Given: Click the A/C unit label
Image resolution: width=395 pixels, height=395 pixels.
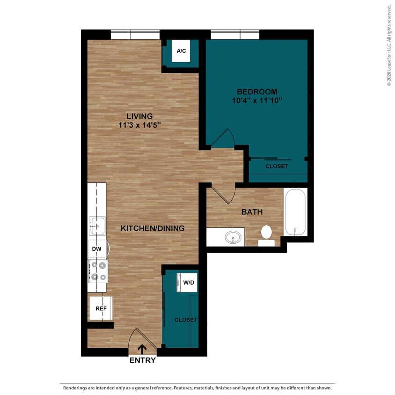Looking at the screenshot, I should click(181, 51).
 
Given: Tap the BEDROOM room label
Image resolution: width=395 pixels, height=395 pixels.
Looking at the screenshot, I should click(256, 92).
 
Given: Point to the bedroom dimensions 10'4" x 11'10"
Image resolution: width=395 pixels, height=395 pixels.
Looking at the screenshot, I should click(256, 101).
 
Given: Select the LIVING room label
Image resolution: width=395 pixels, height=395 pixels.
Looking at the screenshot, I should click(139, 116).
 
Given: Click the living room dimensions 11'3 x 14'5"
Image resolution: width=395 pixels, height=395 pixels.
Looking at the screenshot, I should click(139, 125).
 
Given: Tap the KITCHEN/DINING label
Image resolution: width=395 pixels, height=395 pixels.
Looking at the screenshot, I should click(153, 228).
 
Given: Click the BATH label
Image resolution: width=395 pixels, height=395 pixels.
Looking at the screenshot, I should click(252, 212).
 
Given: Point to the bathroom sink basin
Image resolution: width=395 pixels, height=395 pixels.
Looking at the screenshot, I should click(233, 238).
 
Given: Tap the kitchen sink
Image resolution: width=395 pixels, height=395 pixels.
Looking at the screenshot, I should click(97, 226).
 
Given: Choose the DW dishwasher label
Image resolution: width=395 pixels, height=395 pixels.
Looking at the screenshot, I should click(97, 249).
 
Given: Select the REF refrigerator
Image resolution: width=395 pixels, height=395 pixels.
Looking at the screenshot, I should click(101, 308).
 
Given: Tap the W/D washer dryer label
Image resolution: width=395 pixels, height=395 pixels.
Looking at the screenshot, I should click(189, 283).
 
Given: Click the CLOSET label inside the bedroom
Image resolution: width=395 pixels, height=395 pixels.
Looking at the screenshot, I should click(277, 166).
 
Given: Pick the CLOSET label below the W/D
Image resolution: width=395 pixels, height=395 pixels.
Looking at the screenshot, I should click(186, 320).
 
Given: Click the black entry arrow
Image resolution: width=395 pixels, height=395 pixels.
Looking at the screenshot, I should click(141, 349).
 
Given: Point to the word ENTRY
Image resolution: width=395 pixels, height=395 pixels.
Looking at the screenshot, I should click(142, 360).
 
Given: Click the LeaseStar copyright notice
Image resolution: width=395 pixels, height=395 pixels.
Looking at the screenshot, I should click(388, 45).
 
